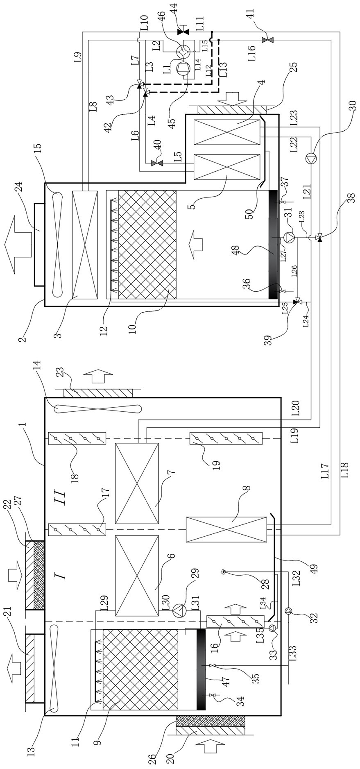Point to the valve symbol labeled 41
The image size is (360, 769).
[x=270, y=40]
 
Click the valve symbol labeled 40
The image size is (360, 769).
[x=157, y=163]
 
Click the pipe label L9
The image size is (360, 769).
[x=78, y=56]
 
